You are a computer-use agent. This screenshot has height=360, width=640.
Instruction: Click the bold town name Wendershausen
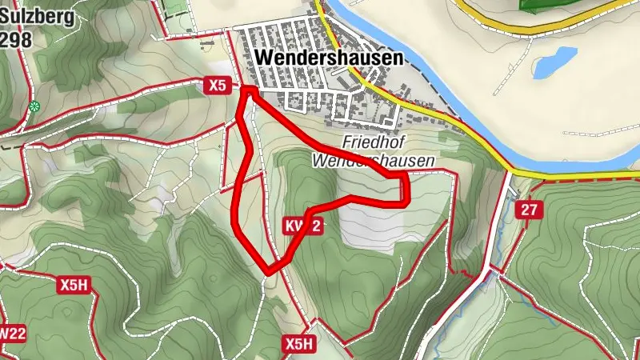coord(328,58)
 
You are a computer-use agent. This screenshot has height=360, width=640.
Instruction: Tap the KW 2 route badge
coord(303,227)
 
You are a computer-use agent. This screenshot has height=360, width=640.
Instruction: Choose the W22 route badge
coord(11,333)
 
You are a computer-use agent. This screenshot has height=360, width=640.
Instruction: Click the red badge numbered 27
coord(528,210)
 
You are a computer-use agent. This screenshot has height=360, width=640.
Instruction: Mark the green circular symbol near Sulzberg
coord(34,106)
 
